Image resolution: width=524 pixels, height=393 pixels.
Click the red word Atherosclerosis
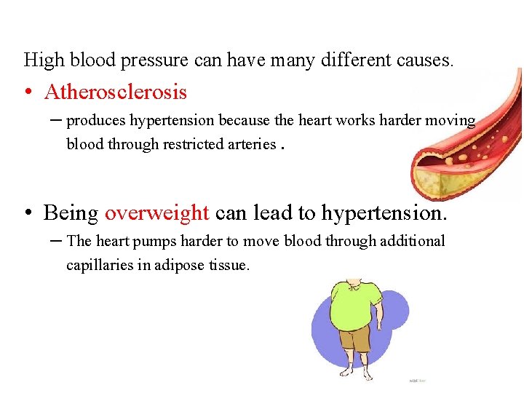pyautogui.click(x=115, y=92)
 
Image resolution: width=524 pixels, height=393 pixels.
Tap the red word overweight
pyautogui.click(x=156, y=213)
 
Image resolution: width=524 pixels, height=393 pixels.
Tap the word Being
pyautogui.click(x=71, y=213)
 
